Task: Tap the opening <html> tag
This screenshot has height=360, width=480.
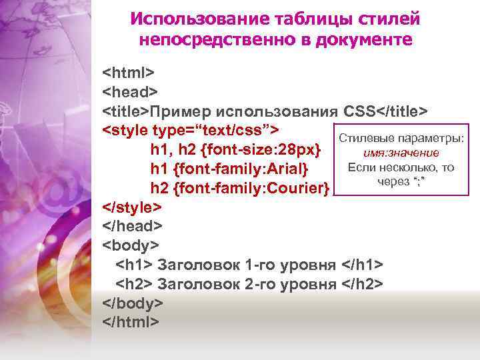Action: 128,71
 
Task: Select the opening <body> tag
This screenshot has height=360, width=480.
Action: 129,245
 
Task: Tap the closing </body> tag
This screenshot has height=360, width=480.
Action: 133,303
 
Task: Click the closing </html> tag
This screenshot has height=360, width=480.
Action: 131,323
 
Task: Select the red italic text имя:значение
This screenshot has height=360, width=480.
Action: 401,153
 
